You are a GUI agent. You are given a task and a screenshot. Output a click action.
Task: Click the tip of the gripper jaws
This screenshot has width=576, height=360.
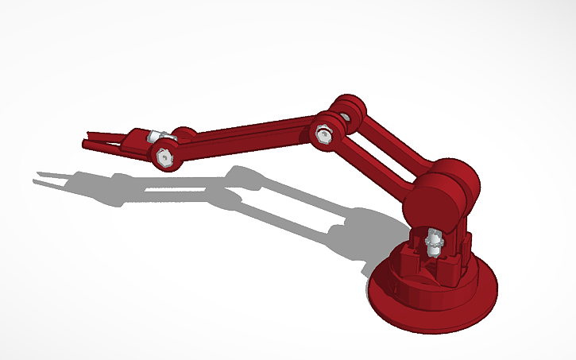86,144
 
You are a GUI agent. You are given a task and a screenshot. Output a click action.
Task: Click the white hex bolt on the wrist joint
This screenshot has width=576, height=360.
164,157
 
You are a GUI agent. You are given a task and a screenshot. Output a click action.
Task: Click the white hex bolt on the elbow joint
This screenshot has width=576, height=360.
323,133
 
